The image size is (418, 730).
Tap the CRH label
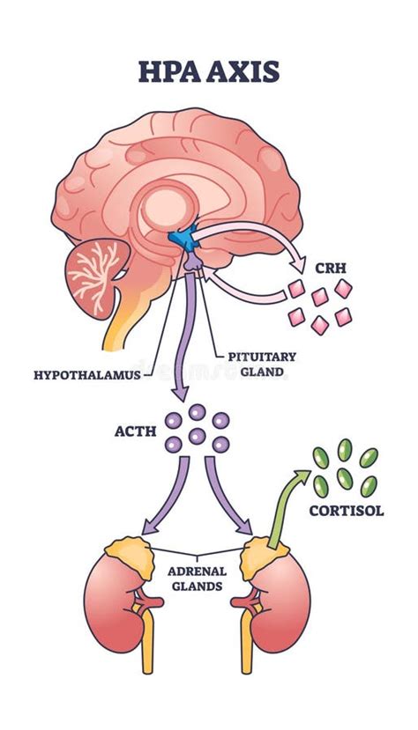(x=318, y=263)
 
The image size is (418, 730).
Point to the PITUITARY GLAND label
(x=261, y=365)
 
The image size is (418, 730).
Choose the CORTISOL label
(x=345, y=510)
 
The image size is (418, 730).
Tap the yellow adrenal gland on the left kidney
(x=131, y=550)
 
